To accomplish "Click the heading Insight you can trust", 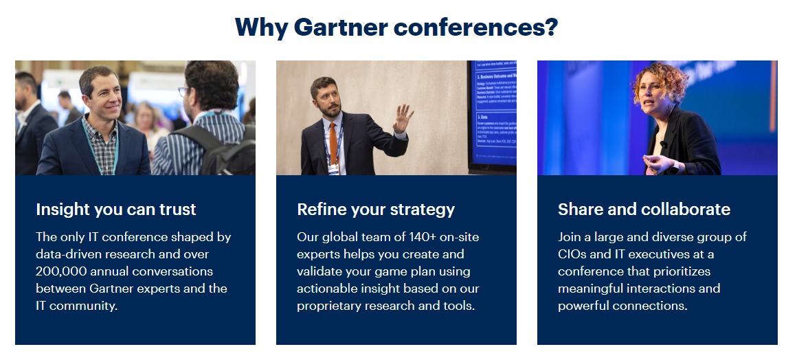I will [x=116, y=209].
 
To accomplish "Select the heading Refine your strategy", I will [x=376, y=209].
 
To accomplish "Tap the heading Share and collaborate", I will [x=644, y=209].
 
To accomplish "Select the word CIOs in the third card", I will [x=574, y=254].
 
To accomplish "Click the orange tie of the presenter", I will [x=333, y=140].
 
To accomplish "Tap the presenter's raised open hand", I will [x=402, y=119].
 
